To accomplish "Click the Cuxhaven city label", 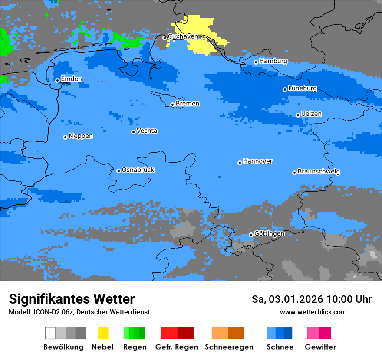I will (x=183, y=37).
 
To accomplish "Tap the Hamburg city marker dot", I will (x=256, y=62).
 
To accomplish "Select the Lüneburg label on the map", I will (x=303, y=88).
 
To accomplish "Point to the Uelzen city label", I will (x=311, y=114).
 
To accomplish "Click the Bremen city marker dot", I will (x=172, y=105).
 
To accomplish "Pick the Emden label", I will (x=71, y=79).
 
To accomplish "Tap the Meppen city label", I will (x=81, y=136).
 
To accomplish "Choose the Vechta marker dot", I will (x=133, y=132).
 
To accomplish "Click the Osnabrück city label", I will (x=138, y=170).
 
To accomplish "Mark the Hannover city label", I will (x=258, y=161).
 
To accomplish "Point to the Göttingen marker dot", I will (x=251, y=235).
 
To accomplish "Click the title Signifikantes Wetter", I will (x=72, y=299).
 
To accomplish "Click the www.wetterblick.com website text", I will (x=313, y=312).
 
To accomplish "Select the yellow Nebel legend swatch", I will (x=103, y=333).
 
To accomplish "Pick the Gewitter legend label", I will (x=320, y=347).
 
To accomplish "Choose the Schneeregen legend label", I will (x=229, y=347).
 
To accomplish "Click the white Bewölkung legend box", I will (x=50, y=333).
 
